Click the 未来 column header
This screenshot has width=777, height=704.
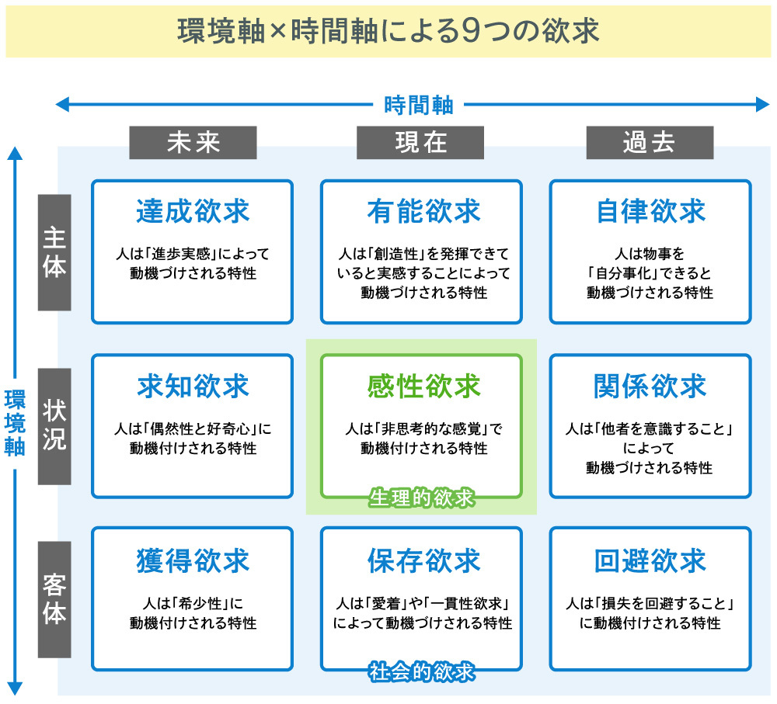pyautogui.click(x=193, y=143)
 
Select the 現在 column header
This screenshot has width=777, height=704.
pyautogui.click(x=420, y=143)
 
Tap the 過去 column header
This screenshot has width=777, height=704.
pyautogui.click(x=649, y=143)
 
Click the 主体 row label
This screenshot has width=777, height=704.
pyautogui.click(x=54, y=252)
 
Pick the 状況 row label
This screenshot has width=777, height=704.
pyautogui.click(x=54, y=426)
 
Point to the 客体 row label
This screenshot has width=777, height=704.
pyautogui.click(x=54, y=599)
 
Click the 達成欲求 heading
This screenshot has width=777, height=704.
pyautogui.click(x=193, y=211)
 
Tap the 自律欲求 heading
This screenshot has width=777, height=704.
pyautogui.click(x=650, y=211)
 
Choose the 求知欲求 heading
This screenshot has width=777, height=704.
pyautogui.click(x=193, y=386)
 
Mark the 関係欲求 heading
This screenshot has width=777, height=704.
pyautogui.click(x=650, y=386)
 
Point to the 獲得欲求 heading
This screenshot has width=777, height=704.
pyautogui.click(x=193, y=560)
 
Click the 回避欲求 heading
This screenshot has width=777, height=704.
pyautogui.click(x=650, y=560)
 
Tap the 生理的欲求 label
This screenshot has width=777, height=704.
pyautogui.click(x=421, y=498)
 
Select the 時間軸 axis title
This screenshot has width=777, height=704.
pyautogui.click(x=419, y=104)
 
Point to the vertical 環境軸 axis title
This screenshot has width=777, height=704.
pyautogui.click(x=14, y=422)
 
